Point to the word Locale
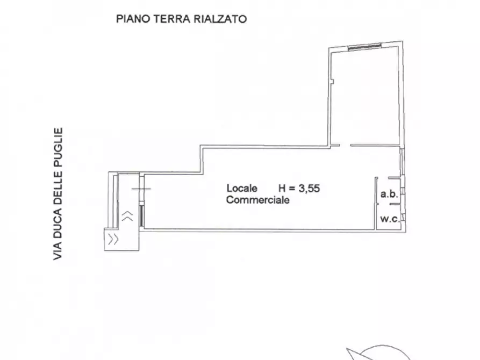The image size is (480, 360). [x=242, y=189]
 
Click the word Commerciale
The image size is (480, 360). [x=258, y=200]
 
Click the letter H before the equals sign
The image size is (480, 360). [x=282, y=189]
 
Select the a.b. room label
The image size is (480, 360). [x=389, y=195]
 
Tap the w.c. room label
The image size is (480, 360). [x=389, y=219]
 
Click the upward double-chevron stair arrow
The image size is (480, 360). [x=127, y=217]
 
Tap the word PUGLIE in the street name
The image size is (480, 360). [x=59, y=145]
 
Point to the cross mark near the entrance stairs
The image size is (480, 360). [x=139, y=189]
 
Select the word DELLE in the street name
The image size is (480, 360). [x=59, y=185]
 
